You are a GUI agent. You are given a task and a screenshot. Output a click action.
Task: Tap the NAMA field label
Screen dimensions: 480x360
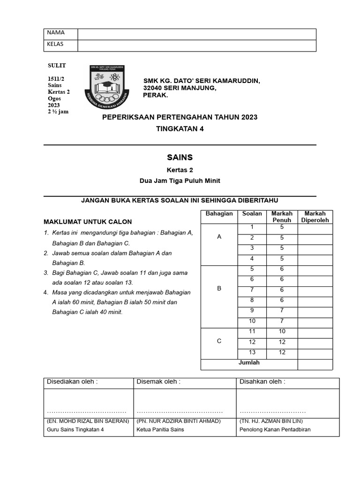[55, 33]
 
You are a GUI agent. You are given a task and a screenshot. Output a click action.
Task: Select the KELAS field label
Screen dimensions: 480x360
[55, 45]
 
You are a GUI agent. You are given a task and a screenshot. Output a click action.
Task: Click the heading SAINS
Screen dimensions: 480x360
[180, 157]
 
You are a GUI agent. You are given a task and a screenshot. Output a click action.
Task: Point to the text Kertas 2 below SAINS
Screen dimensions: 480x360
[180, 170]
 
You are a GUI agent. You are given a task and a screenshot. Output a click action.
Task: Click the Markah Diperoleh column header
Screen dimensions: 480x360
[315, 217]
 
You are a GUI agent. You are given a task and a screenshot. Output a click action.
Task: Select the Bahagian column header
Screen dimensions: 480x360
[219, 214]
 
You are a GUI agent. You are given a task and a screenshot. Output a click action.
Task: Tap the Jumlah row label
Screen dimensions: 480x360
[249, 363]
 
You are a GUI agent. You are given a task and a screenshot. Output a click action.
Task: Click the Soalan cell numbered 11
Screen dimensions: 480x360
[252, 331]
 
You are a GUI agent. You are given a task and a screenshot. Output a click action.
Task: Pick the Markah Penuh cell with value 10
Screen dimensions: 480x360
[281, 331]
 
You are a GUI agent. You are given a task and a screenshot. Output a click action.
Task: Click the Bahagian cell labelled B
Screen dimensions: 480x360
[219, 289]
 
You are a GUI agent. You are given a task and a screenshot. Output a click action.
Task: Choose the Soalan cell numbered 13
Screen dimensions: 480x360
[252, 352]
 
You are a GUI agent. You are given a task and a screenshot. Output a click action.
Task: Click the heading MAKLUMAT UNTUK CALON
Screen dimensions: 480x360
[88, 222]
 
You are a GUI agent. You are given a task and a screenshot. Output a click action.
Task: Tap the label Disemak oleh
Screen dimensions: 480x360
[158, 382]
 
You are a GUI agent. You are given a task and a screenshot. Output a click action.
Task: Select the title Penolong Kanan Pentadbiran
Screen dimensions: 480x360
[275, 429]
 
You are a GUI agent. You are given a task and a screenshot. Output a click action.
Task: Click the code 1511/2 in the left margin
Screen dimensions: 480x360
[56, 79]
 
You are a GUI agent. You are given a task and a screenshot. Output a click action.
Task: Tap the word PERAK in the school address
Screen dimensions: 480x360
[155, 95]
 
